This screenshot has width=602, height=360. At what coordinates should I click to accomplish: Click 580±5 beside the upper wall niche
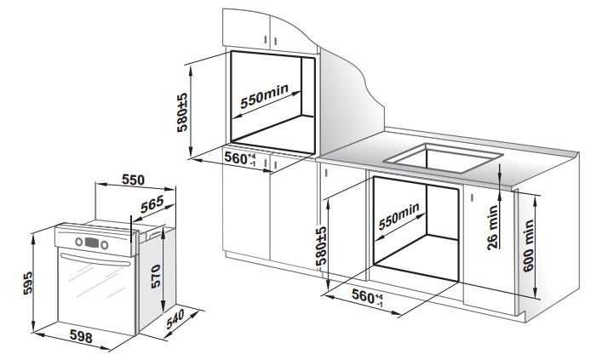(x=181, y=110)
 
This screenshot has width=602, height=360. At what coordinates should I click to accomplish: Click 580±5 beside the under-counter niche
(x=322, y=246)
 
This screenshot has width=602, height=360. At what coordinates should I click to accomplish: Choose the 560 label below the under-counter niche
(x=365, y=297)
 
